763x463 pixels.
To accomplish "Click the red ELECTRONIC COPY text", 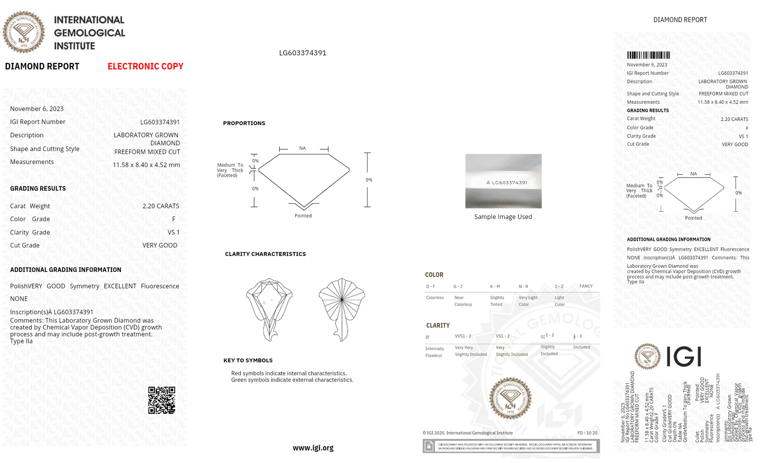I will [145, 67].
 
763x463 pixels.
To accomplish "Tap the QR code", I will [162, 400].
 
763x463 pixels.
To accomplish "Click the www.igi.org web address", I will [313, 448].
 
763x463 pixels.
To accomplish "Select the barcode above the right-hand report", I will [648, 55].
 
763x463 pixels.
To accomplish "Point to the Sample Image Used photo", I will [503, 181].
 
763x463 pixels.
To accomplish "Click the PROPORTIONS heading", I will [244, 123].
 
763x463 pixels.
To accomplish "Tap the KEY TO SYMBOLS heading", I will [248, 361].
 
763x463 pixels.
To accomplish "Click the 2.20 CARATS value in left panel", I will [161, 206].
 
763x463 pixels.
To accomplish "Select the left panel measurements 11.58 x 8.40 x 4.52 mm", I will [146, 165].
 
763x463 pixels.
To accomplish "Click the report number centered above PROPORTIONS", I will [303, 53].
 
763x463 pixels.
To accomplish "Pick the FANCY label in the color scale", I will [586, 286].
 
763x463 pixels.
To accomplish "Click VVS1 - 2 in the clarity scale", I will [463, 336].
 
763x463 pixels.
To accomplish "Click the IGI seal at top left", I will [24, 32].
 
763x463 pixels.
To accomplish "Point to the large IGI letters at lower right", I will [684, 356].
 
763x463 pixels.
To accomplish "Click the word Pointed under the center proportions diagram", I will [303, 216].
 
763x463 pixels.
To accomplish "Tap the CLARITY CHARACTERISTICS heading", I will [265, 254].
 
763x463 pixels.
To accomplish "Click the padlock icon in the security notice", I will [429, 446].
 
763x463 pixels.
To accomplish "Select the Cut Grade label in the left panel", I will [25, 245].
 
